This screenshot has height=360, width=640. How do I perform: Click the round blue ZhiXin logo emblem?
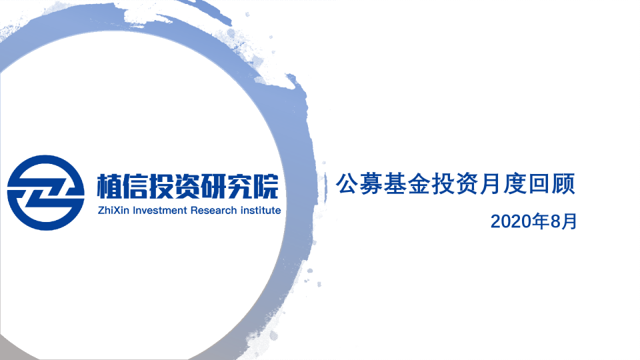point(46,193)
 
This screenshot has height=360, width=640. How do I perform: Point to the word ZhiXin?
point(113,210)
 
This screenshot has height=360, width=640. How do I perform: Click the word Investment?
point(160,210)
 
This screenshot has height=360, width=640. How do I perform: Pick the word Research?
point(213,210)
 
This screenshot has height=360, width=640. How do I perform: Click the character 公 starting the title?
point(347,184)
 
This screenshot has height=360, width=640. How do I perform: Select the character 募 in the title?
point(371,184)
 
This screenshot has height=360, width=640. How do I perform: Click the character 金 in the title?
point(419,184)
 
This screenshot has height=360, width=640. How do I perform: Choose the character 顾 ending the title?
point(563,184)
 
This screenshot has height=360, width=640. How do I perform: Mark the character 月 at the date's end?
point(569,221)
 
